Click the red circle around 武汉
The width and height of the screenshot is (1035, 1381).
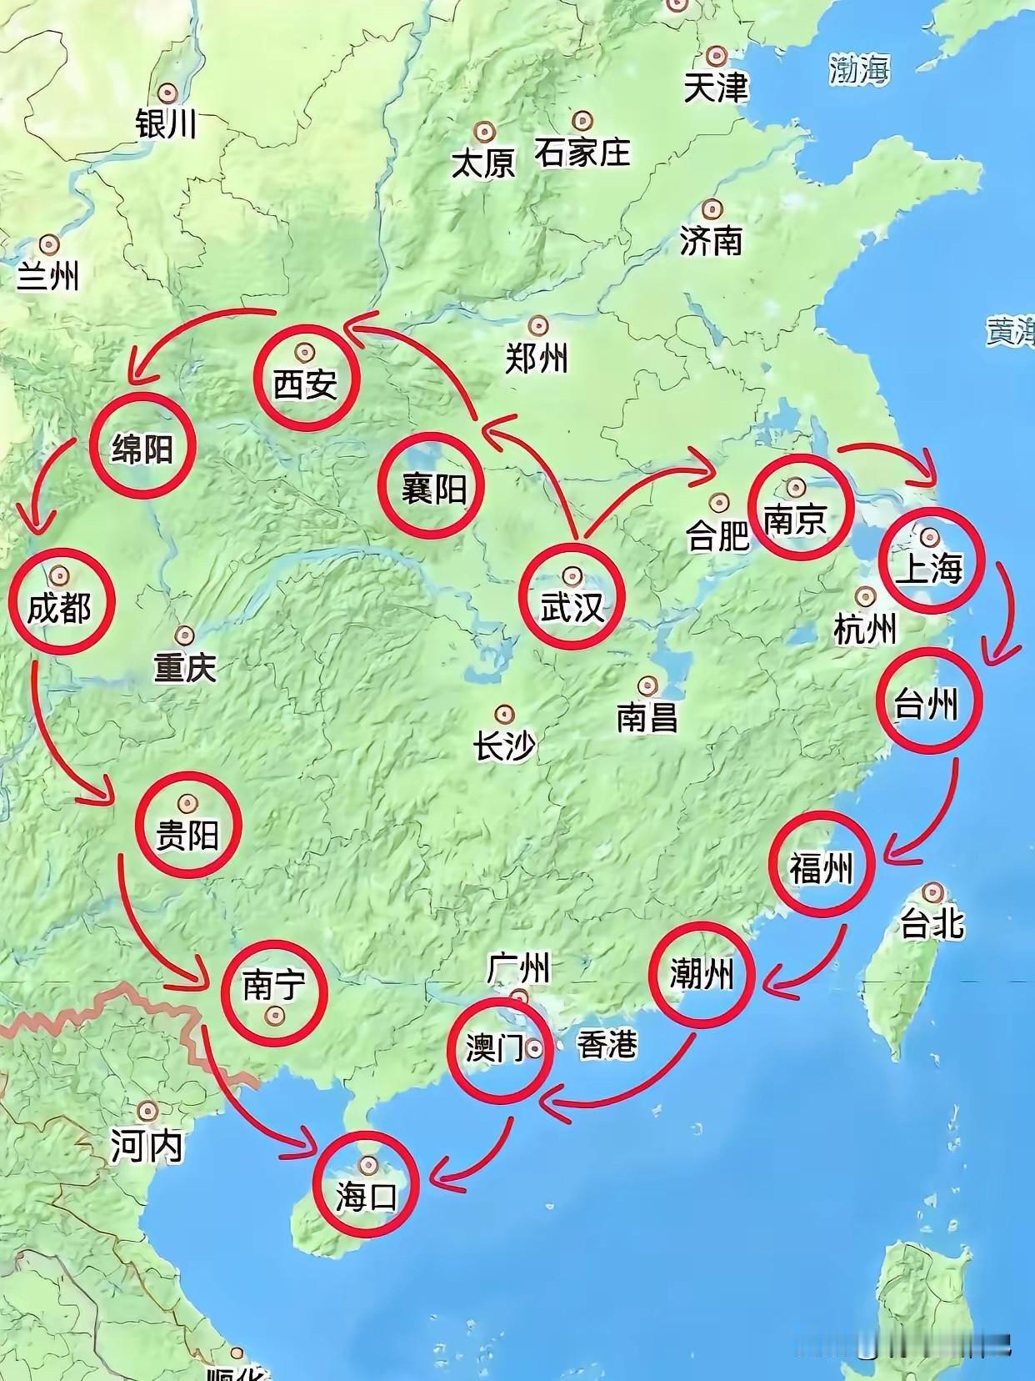coord(572,595)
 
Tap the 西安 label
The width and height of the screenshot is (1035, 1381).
coord(305,384)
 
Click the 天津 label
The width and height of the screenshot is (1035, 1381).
coord(716,88)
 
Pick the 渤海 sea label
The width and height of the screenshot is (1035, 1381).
coord(859,70)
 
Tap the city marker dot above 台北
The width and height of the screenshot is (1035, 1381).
coord(932,892)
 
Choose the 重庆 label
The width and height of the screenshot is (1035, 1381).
coord(185,667)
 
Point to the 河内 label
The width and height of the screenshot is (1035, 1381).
coord(147,1147)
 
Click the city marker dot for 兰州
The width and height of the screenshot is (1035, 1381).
coord(50,244)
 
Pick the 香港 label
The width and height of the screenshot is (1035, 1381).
coord(607,1044)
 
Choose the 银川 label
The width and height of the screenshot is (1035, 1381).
coord(167,124)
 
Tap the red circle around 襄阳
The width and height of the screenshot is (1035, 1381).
coord(432,486)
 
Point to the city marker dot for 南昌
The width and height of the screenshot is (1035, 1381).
coord(647,685)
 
